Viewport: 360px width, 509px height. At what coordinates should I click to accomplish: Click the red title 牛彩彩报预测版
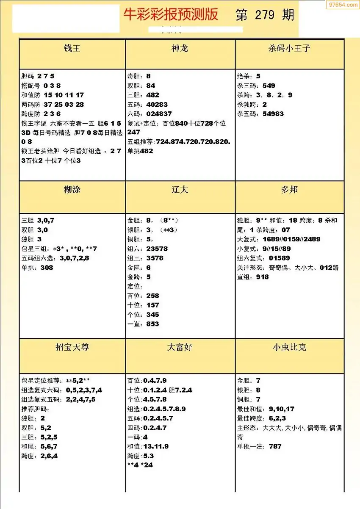pyautogui.click(x=171, y=15)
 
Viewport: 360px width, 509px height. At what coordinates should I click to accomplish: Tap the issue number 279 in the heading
pyautogui.click(x=265, y=15)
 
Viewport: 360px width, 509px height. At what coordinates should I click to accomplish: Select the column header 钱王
pyautogui.click(x=72, y=48)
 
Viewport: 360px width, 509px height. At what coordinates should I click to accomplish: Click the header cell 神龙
pyautogui.click(x=180, y=48)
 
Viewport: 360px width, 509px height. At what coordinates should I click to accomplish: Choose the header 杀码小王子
pyautogui.click(x=289, y=48)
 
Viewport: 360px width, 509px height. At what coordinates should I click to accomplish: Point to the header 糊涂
pyautogui.click(x=72, y=189)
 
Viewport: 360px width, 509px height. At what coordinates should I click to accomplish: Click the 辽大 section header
pyautogui.click(x=180, y=189)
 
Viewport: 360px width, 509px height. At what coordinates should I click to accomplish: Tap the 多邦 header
pyautogui.click(x=289, y=189)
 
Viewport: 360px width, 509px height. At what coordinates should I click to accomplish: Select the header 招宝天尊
pyautogui.click(x=72, y=347)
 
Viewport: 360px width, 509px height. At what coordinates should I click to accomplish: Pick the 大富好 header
pyautogui.click(x=180, y=347)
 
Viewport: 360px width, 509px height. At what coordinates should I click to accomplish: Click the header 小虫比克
pyautogui.click(x=289, y=347)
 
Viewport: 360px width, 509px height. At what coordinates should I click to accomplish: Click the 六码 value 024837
pyautogui.click(x=159, y=113)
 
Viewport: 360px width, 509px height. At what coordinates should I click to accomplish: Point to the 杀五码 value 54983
pyautogui.click(x=273, y=113)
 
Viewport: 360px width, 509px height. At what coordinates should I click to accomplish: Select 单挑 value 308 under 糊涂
pyautogui.click(x=47, y=268)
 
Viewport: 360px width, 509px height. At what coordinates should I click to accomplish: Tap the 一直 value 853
pyautogui.click(x=152, y=324)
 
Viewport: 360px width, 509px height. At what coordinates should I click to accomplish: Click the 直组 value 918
pyautogui.click(x=262, y=277)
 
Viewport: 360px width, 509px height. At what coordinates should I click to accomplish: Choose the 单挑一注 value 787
pyautogui.click(x=275, y=446)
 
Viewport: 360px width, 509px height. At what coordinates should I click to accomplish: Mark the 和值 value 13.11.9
pyautogui.click(x=156, y=446)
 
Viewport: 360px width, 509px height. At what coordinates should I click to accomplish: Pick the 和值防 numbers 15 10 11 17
pyautogui.click(x=64, y=95)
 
